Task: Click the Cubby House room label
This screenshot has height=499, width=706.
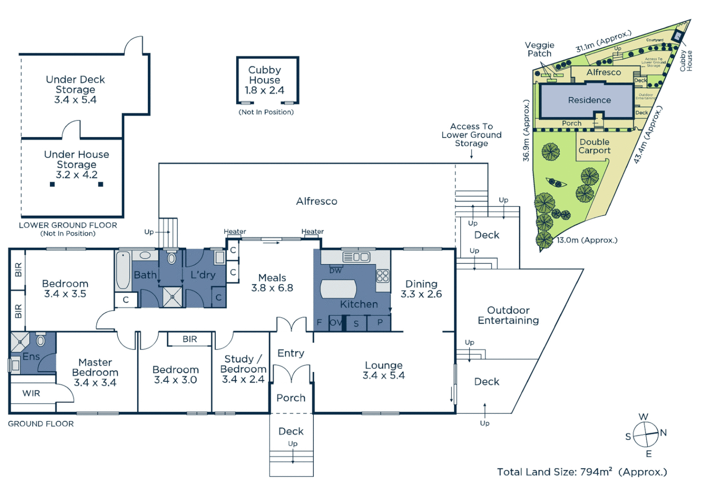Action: pyautogui.click(x=264, y=75)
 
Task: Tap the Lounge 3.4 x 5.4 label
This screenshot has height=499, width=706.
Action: pyautogui.click(x=383, y=371)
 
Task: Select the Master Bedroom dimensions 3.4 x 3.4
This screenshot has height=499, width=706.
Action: pyautogui.click(x=95, y=383)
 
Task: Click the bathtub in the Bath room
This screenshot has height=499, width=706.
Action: pyautogui.click(x=123, y=271)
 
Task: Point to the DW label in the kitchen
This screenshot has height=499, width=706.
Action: pyautogui.click(x=335, y=271)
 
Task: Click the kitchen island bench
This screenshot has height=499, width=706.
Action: pyautogui.click(x=339, y=289)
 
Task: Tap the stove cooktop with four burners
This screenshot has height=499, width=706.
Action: pyautogui.click(x=383, y=276)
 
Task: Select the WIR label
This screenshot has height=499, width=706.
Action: pyautogui.click(x=31, y=393)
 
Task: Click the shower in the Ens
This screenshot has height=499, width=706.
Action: pyautogui.click(x=20, y=342)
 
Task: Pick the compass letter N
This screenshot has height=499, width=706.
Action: pyautogui.click(x=663, y=432)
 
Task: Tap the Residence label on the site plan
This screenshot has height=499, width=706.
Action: pyautogui.click(x=589, y=100)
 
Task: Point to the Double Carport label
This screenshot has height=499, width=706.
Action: pyautogui.click(x=594, y=146)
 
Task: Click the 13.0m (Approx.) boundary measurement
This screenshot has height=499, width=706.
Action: pyautogui.click(x=587, y=240)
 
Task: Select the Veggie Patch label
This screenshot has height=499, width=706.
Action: pyautogui.click(x=539, y=49)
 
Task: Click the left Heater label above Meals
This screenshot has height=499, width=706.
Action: pyautogui.click(x=235, y=231)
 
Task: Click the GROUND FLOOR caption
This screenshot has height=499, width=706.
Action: pyautogui.click(x=41, y=424)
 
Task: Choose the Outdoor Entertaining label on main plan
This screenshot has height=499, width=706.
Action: pyautogui.click(x=508, y=315)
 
